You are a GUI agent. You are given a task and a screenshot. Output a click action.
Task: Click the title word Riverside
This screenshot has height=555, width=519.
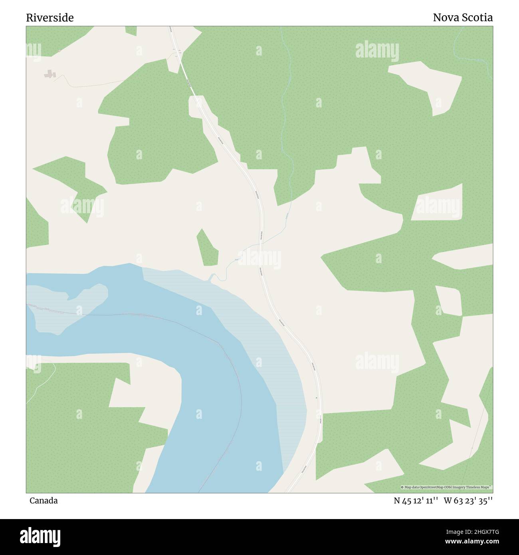coord(50,18)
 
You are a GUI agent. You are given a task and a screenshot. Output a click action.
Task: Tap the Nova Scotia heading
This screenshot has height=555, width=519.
coord(463,18)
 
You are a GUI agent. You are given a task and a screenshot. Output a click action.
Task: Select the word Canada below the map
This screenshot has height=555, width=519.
coord(43,501)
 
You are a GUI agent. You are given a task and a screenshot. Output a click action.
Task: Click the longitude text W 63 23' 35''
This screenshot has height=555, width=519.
coord(468,501)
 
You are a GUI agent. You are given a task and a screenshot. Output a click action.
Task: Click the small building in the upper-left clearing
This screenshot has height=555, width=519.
coord(50,74)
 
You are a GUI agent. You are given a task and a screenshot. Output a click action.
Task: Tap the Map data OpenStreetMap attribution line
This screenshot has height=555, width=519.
coord(446,488)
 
